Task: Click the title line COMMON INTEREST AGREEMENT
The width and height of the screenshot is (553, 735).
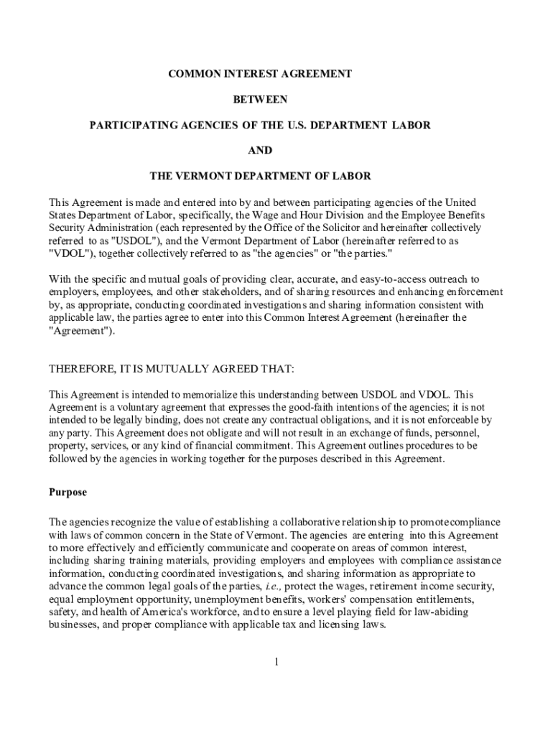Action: coord(260,73)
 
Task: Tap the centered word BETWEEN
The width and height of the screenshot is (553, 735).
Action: coord(260,99)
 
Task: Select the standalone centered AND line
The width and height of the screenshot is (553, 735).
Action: coord(260,150)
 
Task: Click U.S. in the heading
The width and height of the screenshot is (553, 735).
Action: coord(309,125)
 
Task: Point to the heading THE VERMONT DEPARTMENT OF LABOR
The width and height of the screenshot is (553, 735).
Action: coord(260,176)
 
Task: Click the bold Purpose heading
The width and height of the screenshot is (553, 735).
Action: coord(68,492)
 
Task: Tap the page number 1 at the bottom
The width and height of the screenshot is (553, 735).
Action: coord(276,662)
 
